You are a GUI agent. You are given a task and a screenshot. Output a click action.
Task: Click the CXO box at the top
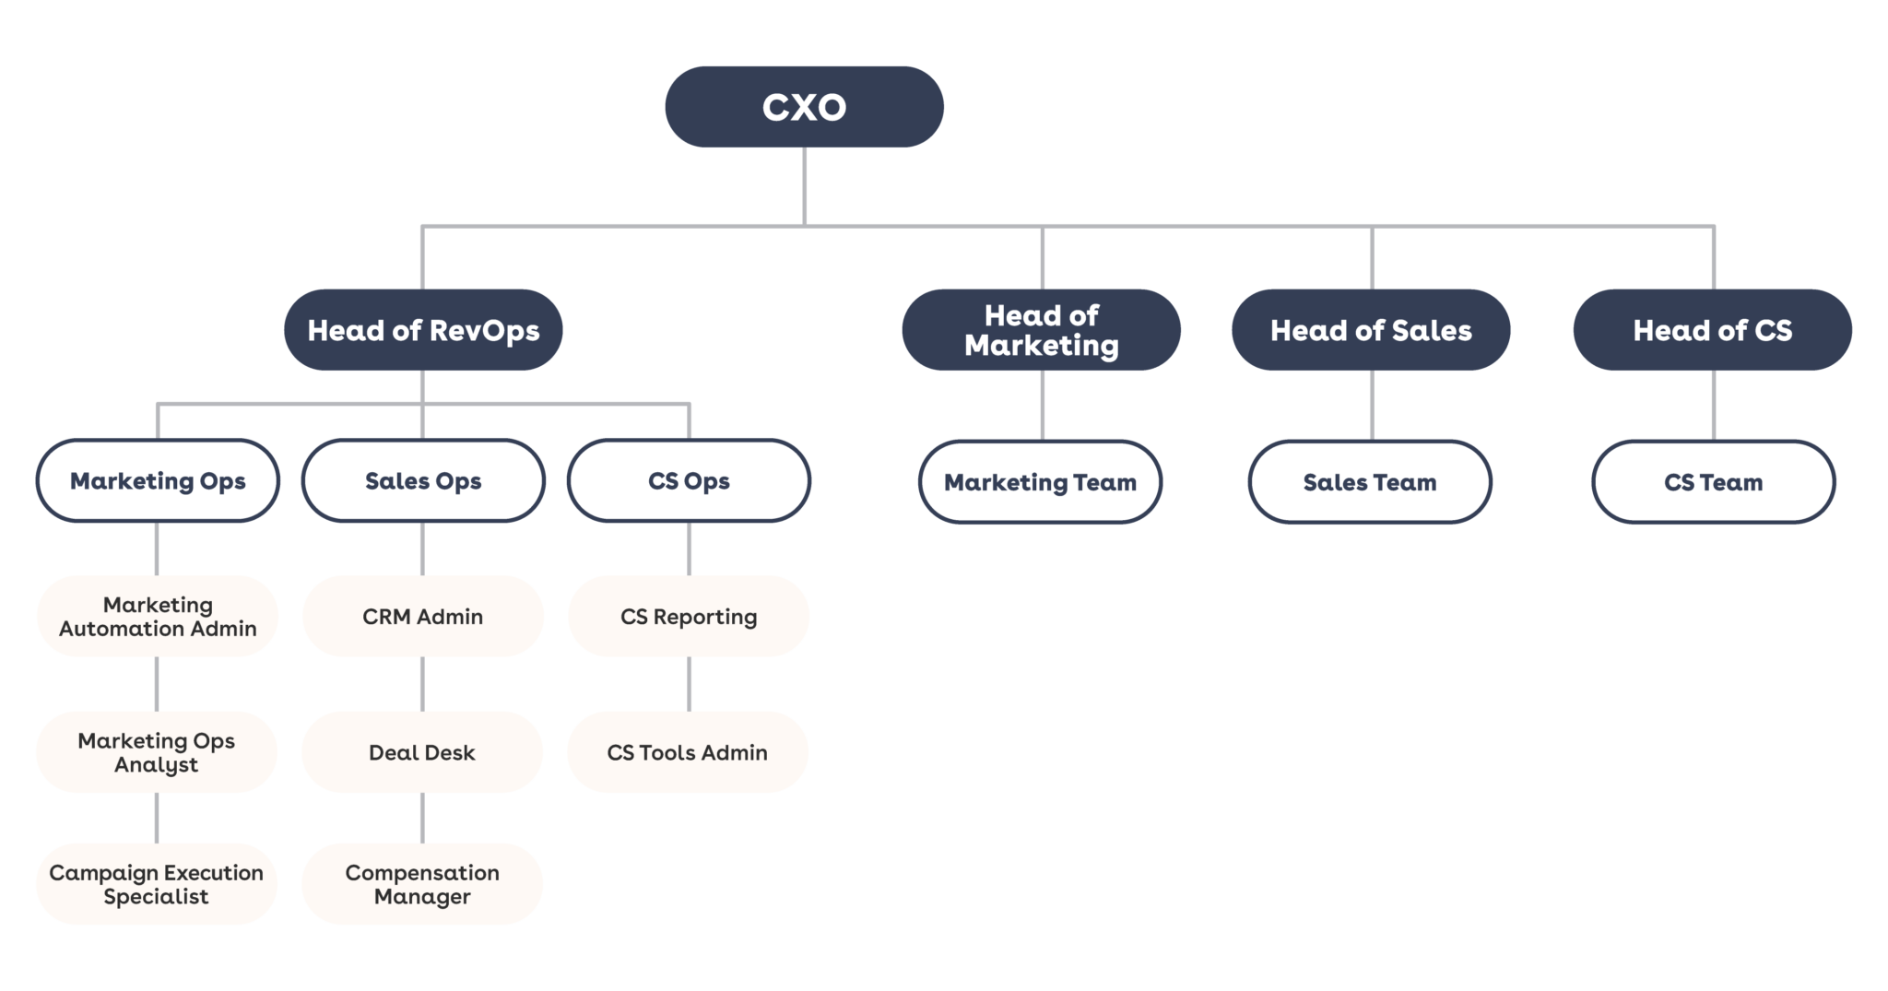pyautogui.click(x=804, y=107)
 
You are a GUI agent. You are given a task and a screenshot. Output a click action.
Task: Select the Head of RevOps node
pyautogui.click(x=423, y=330)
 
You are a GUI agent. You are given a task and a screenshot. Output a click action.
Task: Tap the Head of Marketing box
pyautogui.click(x=1041, y=330)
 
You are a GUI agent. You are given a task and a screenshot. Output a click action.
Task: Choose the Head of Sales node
pyautogui.click(x=1371, y=330)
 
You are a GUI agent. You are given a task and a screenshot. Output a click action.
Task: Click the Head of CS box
pyautogui.click(x=1712, y=330)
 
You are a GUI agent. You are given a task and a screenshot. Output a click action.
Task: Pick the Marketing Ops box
pyautogui.click(x=158, y=480)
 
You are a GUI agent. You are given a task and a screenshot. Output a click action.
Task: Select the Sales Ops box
pyautogui.click(x=423, y=480)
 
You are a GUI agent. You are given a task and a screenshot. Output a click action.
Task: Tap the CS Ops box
pyautogui.click(x=689, y=480)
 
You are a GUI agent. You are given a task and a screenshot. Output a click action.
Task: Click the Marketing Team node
pyautogui.click(x=1040, y=482)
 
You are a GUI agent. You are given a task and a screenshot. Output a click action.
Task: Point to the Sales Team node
pyautogui.click(x=1370, y=482)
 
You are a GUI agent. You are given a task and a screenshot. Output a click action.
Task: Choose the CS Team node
pyautogui.click(x=1713, y=482)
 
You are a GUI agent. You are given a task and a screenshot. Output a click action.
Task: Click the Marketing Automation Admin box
pyautogui.click(x=158, y=616)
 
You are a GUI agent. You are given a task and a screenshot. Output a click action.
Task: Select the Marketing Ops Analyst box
pyautogui.click(x=157, y=752)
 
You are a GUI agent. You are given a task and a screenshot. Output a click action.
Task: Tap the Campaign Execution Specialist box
pyautogui.click(x=157, y=884)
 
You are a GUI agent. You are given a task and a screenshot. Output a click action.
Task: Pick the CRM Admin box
pyautogui.click(x=423, y=616)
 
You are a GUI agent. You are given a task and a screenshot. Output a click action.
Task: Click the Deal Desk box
pyautogui.click(x=422, y=752)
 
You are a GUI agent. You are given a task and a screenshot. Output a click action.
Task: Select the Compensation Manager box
pyautogui.click(x=422, y=884)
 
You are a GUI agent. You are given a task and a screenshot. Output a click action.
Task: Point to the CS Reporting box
pyautogui.click(x=689, y=616)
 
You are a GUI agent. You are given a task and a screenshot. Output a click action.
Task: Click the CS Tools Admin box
pyautogui.click(x=688, y=752)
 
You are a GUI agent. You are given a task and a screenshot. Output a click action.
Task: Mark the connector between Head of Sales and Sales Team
pyautogui.click(x=1372, y=406)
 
